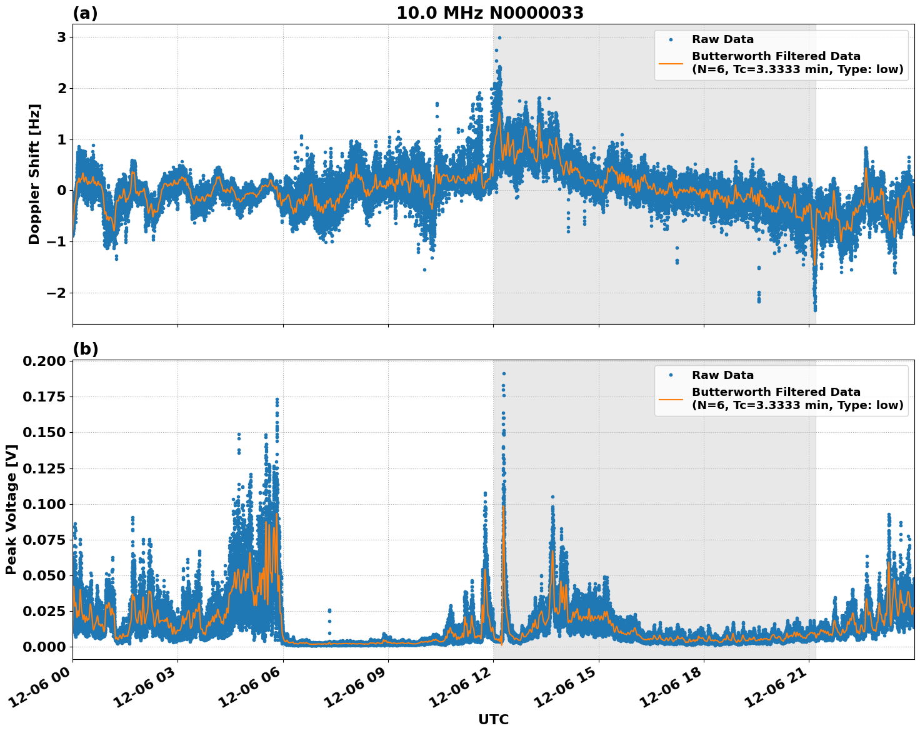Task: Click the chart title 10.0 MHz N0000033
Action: point(490,13)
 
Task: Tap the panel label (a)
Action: point(85,13)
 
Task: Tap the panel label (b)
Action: point(85,349)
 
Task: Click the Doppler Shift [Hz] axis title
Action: point(34,174)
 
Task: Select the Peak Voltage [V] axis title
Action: point(11,509)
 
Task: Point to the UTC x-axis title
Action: point(493,719)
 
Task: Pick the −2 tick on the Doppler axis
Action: point(57,293)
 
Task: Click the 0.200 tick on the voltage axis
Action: point(44,361)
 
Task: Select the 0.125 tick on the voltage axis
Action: point(44,468)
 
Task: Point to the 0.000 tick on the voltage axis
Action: point(44,647)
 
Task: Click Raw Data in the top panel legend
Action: point(722,39)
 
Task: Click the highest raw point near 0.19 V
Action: point(504,373)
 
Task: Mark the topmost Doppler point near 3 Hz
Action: point(499,38)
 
